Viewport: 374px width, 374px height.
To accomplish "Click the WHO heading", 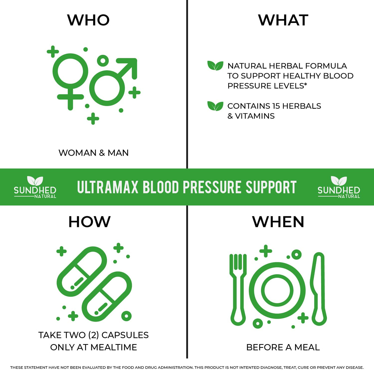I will pyautogui.click(x=88, y=20).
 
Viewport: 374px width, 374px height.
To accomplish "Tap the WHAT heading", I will pyautogui.click(x=283, y=20).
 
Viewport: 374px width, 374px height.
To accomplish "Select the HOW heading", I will pyautogui.click(x=89, y=222).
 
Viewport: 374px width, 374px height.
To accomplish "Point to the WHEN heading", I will pyautogui.click(x=278, y=222).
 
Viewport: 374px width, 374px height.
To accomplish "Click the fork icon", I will pyautogui.click(x=238, y=289).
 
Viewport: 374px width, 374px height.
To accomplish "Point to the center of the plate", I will pyautogui.click(x=277, y=290).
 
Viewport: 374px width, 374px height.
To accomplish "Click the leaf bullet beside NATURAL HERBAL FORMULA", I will pyautogui.click(x=215, y=66).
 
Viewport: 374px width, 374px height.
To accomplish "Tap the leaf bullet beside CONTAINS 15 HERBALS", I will pyautogui.click(x=215, y=106).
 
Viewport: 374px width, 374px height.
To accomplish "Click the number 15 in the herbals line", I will pyautogui.click(x=276, y=106).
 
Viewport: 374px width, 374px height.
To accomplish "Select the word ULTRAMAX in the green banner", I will pyautogui.click(x=108, y=187).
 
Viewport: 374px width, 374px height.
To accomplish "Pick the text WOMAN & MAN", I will pyautogui.click(x=93, y=153).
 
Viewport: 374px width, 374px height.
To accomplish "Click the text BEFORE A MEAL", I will pyautogui.click(x=283, y=347).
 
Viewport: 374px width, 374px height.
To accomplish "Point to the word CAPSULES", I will pyautogui.click(x=125, y=335).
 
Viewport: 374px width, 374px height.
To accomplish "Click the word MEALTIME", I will pyautogui.click(x=114, y=347).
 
